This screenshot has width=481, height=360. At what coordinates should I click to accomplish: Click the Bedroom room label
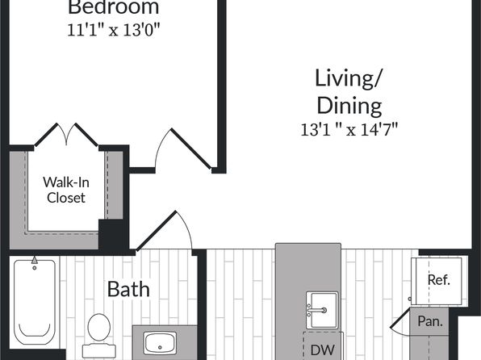coord(113,7)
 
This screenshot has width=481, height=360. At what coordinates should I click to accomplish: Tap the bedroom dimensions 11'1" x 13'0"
coord(114,31)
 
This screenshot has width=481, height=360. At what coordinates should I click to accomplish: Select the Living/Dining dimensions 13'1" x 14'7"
coord(349,129)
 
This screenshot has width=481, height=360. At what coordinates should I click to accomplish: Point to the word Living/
coord(348,79)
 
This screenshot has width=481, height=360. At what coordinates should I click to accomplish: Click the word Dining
coord(349,106)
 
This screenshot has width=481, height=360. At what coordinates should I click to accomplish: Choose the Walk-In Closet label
coord(66,190)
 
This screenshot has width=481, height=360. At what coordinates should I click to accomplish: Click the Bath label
coord(128,289)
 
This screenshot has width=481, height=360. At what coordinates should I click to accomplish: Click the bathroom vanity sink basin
coord(160,343)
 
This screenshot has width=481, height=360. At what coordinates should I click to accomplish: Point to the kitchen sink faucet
coord(317,310)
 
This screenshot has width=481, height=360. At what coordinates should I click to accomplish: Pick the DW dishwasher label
coord(322,350)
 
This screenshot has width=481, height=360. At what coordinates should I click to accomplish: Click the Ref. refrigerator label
coord(439,279)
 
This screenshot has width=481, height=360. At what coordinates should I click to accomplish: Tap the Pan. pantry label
coord(430,321)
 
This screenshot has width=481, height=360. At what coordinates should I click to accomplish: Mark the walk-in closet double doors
coord(66,135)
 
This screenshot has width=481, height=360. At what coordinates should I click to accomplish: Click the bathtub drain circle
coord(35,268)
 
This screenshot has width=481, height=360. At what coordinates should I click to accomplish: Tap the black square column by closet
coord(111,234)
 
